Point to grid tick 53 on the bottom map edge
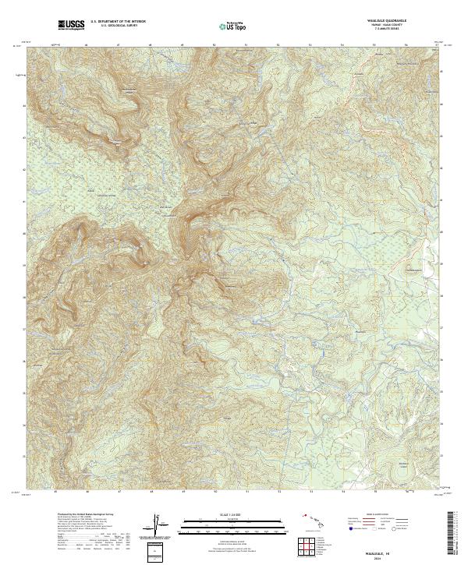(310, 492)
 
